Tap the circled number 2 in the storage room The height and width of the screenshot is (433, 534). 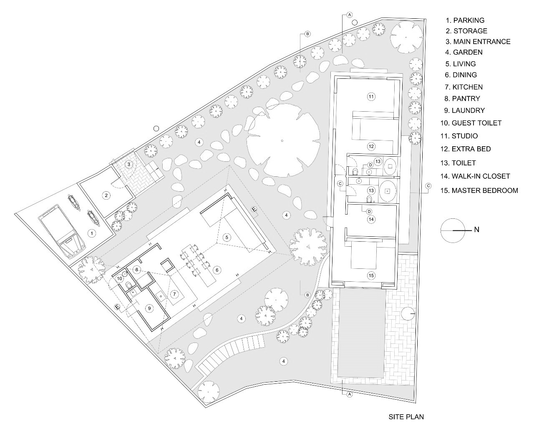(x=106, y=195)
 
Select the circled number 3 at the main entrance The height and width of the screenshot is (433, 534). (x=129, y=164)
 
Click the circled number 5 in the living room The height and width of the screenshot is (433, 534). (x=227, y=237)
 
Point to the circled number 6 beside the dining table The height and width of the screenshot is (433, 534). (x=217, y=270)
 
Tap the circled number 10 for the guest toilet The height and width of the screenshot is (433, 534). (x=120, y=278)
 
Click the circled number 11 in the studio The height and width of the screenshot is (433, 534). (x=371, y=97)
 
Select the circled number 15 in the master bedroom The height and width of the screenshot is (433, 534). (x=371, y=275)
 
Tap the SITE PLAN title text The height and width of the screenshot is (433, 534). (x=406, y=416)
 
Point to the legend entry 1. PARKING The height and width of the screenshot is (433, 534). (x=465, y=20)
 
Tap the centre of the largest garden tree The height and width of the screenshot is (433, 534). (x=282, y=140)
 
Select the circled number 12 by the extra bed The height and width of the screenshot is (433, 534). (x=371, y=146)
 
